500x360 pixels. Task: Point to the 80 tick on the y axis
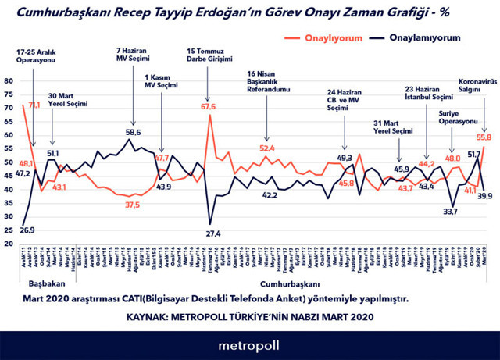point(8,81)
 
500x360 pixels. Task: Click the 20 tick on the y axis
point(8,244)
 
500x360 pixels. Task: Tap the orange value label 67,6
point(209,106)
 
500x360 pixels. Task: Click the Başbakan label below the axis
point(47,283)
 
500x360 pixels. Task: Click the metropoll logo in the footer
point(249,344)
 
